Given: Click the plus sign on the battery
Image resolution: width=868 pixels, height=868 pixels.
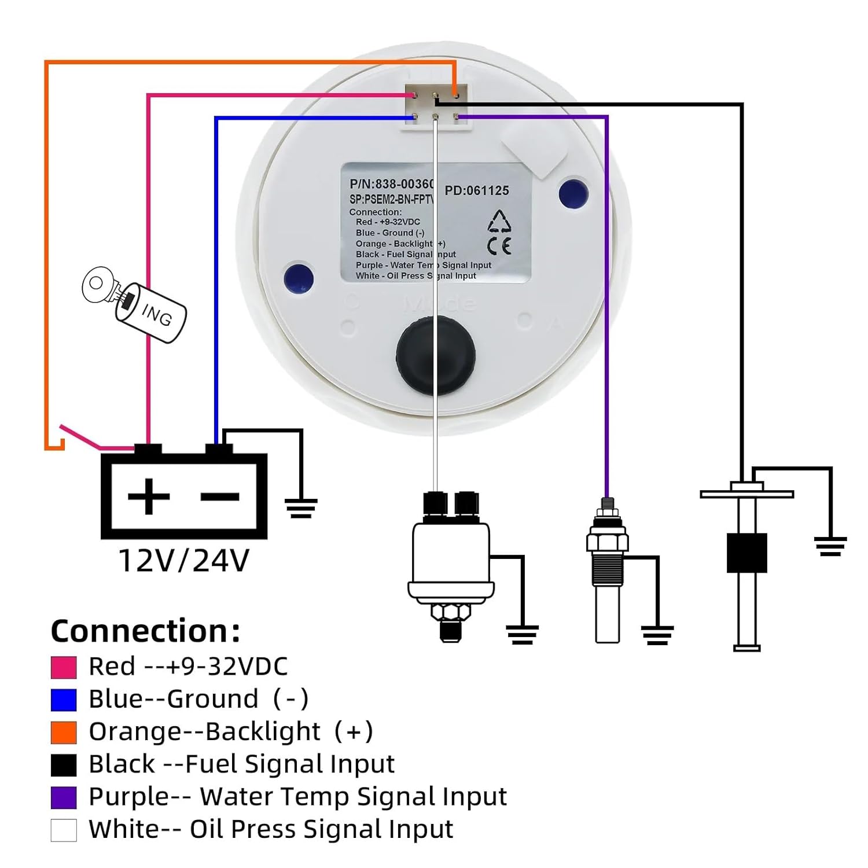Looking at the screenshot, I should coord(149,496).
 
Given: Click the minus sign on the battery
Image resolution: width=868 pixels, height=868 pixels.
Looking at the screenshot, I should coord(220,496).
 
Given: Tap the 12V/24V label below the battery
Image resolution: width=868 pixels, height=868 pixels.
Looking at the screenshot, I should coord(184,560).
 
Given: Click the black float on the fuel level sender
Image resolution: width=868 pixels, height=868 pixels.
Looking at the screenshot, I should coord(746,553).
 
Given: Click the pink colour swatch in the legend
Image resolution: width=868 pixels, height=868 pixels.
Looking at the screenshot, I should coord(64,667).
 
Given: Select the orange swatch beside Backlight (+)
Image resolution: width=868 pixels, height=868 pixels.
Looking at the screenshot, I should coord(64,733).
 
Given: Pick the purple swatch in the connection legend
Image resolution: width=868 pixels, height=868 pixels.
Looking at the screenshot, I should coord(64,797).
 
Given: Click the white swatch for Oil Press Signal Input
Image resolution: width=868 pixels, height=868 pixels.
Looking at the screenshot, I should coord(64,830).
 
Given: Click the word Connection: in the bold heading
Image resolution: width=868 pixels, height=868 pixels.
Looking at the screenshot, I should coord(145,631).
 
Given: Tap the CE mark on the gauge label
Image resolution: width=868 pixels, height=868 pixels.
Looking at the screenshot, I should coord(499,247).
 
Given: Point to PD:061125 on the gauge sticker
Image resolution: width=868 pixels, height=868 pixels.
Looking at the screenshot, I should coord(477,191).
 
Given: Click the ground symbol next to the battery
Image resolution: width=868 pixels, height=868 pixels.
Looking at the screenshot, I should coord(301,507).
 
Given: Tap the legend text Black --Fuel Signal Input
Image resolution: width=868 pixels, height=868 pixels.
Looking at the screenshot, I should coord(241,764).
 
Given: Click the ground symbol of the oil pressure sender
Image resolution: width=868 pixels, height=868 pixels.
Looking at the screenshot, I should coord(522,634).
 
